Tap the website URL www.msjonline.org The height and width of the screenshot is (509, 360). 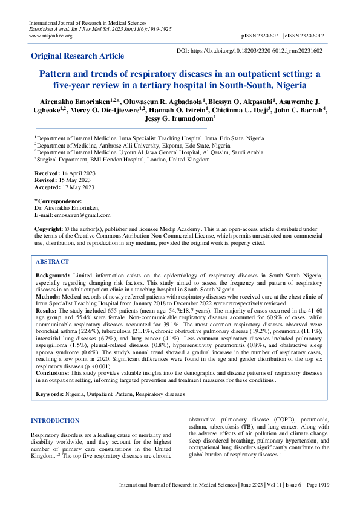click(50, 36)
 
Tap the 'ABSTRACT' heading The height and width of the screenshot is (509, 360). click(52, 262)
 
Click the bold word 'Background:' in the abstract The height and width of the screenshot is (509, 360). click(53, 275)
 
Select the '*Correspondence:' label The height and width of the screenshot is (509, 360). click(58, 201)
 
